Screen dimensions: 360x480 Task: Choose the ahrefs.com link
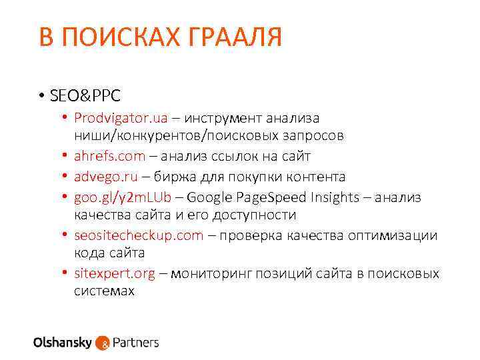[109, 156]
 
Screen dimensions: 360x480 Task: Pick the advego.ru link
[106, 177]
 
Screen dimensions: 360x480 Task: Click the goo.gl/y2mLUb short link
[123, 197]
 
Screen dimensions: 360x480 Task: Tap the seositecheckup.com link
[139, 235]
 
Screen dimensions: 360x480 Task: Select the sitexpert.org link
[115, 273]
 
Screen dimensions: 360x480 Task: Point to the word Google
[220, 197]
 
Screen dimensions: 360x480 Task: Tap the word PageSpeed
[276, 197]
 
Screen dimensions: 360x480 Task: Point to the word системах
[104, 291]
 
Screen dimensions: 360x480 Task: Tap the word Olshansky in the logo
[63, 343]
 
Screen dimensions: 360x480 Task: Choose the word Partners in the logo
[136, 343]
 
